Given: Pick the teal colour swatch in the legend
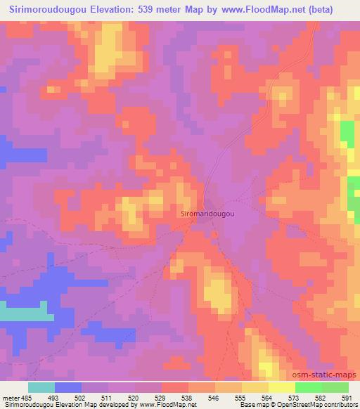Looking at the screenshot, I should pos(41,387).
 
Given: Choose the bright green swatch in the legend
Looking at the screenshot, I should pos(308,387).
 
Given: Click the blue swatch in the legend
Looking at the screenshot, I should pos(68,387).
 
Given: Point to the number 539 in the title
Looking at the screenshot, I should pos(159,9).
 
